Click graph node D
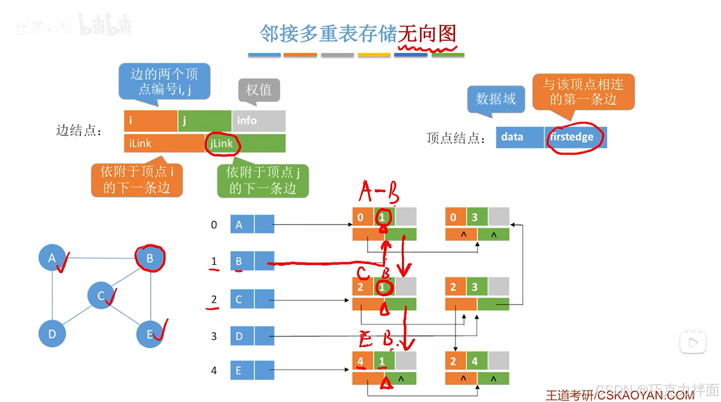(x=52, y=334)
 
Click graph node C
(x=101, y=295)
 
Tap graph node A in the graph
(x=52, y=258)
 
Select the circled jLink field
(x=222, y=144)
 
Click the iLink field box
(x=164, y=144)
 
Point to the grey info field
(x=259, y=121)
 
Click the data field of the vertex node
(x=519, y=137)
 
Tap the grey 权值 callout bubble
(x=259, y=90)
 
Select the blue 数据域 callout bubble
(x=496, y=99)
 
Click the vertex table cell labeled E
(x=242, y=370)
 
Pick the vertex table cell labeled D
(x=242, y=336)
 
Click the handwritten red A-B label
(x=378, y=192)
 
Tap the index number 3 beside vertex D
(x=214, y=336)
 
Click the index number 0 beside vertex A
(x=214, y=225)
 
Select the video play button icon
(x=693, y=343)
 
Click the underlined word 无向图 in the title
(x=427, y=34)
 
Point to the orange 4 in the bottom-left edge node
(x=360, y=361)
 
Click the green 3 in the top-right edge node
(x=475, y=217)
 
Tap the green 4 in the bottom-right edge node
(x=475, y=361)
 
